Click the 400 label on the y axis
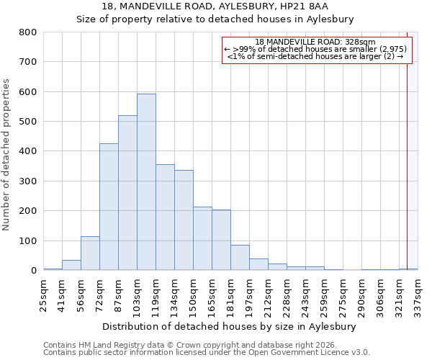[x=27, y=152]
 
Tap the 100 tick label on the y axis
[x=27, y=241]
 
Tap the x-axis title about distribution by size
[x=230, y=327]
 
